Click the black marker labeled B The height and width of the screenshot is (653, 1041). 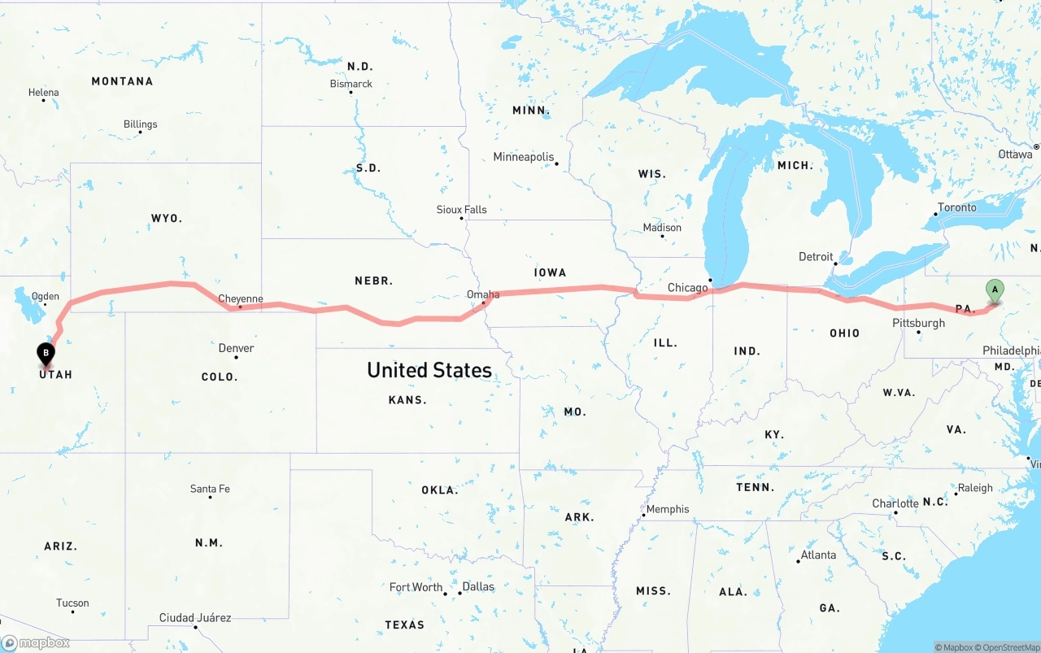46,355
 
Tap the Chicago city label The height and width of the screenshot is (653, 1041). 687,288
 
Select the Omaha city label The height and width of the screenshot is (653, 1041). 483,294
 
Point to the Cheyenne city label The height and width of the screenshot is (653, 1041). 241,298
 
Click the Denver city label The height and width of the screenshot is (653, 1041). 236,348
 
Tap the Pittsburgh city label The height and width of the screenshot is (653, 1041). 918,323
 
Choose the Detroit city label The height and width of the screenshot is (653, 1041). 816,256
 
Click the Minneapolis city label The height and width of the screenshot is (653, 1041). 523,157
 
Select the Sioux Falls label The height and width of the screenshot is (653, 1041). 461,210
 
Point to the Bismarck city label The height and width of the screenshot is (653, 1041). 351,84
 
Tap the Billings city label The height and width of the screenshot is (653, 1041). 141,124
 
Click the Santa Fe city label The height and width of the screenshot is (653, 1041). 210,489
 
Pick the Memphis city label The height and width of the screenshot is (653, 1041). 667,509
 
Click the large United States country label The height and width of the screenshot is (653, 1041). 429,370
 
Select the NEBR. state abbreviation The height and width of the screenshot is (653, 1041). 374,281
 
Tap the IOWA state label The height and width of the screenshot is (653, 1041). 551,272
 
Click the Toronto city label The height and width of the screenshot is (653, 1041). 956,207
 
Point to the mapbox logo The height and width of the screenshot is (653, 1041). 36,642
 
